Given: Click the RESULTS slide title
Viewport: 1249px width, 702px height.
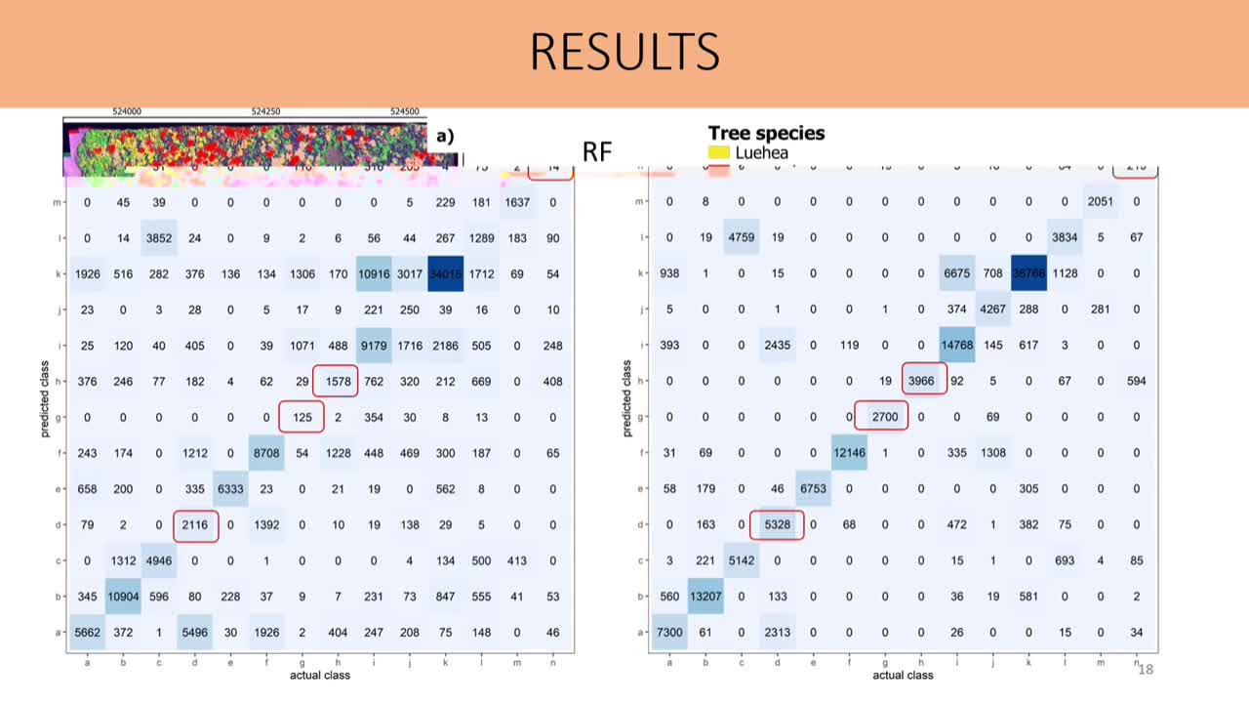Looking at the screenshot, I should pyautogui.click(x=624, y=52).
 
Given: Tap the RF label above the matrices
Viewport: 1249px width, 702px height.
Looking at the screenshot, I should pyautogui.click(x=597, y=151).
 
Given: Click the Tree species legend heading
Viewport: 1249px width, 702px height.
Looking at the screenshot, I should pyautogui.click(x=766, y=133).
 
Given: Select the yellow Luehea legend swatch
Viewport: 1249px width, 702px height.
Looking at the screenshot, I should pyautogui.click(x=719, y=152).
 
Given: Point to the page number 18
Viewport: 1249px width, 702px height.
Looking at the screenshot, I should pyautogui.click(x=1146, y=669).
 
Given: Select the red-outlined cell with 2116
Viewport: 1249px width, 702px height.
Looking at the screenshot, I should pyautogui.click(x=195, y=525).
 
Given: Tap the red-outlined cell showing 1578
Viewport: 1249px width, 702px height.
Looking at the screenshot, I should pyautogui.click(x=335, y=381).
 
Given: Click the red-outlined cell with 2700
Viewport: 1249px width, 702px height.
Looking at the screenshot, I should pyautogui.click(x=883, y=417).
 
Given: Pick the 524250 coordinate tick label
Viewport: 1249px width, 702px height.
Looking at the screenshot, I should pyautogui.click(x=265, y=112).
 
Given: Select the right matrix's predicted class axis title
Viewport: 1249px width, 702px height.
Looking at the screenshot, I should pyautogui.click(x=627, y=398).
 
